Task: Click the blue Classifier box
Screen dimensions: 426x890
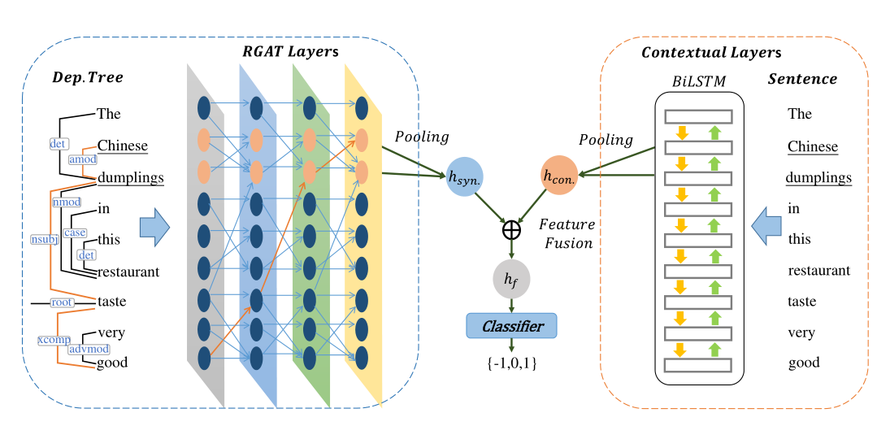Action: tap(511, 326)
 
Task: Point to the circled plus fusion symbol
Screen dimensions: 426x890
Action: tap(511, 230)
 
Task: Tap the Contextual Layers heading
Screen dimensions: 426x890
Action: tap(711, 53)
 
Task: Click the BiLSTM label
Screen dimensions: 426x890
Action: tap(698, 81)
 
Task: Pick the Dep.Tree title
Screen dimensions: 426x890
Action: tap(87, 77)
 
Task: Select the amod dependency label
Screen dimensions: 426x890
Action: tap(82, 160)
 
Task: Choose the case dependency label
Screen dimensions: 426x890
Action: tap(75, 233)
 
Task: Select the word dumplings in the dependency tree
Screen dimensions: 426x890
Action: tap(130, 178)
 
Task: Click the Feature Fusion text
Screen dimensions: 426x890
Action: tap(567, 233)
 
